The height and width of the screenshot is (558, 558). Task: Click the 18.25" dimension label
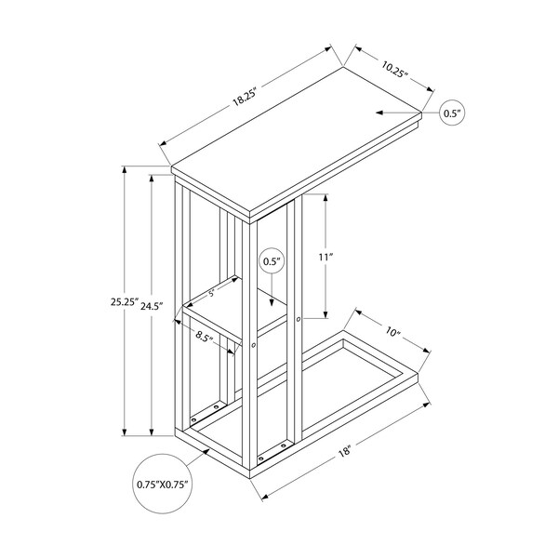tap(245, 97)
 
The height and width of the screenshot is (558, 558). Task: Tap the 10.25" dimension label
tap(394, 70)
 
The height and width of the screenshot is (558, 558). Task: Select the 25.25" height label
tap(124, 302)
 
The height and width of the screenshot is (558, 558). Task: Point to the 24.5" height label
tap(152, 306)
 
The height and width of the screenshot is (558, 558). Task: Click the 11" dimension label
tap(325, 257)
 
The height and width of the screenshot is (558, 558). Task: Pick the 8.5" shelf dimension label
tap(205, 336)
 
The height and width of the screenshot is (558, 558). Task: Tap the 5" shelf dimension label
tap(212, 293)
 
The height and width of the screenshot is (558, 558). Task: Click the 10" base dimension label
tap(392, 332)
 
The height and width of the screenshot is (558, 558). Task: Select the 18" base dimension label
tap(345, 452)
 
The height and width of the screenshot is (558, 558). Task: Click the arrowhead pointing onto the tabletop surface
tap(379, 113)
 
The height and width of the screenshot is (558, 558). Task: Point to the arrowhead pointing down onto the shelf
tap(272, 302)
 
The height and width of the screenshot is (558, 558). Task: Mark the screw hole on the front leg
tap(253, 345)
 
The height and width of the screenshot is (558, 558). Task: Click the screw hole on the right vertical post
tap(299, 319)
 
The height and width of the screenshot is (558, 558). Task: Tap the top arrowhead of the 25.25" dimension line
tap(125, 170)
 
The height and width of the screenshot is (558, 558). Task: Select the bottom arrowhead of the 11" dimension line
tap(325, 314)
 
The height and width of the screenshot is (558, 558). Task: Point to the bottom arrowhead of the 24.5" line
tap(152, 432)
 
